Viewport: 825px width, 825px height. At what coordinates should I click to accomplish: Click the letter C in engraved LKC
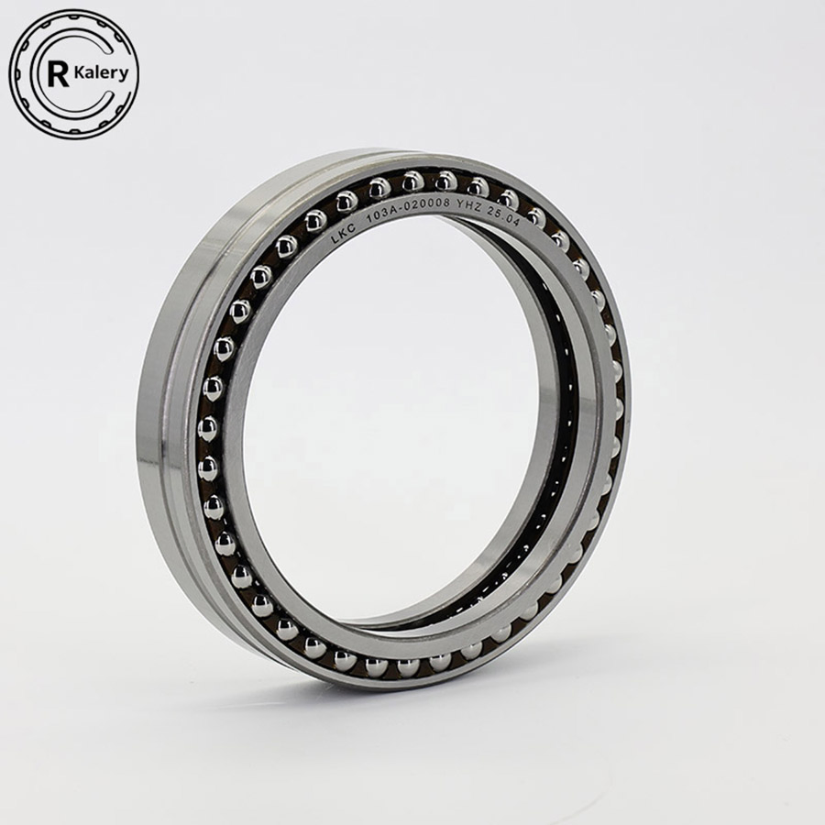tap(353, 229)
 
